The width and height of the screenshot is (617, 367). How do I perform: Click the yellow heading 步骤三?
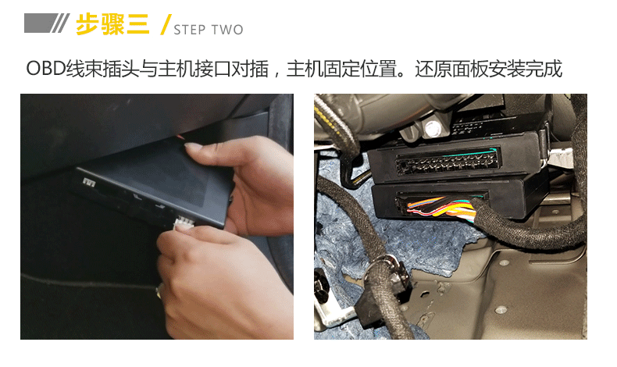pyautogui.click(x=112, y=24)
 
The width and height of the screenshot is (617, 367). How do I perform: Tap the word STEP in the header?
pyautogui.click(x=189, y=30)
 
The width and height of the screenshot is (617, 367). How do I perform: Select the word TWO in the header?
pyautogui.click(x=227, y=30)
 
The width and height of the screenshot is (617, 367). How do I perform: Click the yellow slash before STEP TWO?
pyautogui.click(x=166, y=24)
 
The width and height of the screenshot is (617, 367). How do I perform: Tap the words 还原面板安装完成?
pyautogui.click(x=488, y=69)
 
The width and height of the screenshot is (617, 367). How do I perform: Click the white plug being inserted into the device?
pyautogui.click(x=184, y=223)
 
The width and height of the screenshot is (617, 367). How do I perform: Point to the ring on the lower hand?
pyautogui.click(x=159, y=290)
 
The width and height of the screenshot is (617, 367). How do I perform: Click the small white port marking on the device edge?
pyautogui.click(x=89, y=182)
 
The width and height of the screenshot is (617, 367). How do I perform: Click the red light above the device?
pyautogui.click(x=180, y=137)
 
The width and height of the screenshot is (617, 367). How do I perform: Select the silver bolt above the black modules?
pyautogui.click(x=432, y=128)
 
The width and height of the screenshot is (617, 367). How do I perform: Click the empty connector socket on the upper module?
pyautogui.click(x=448, y=162)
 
